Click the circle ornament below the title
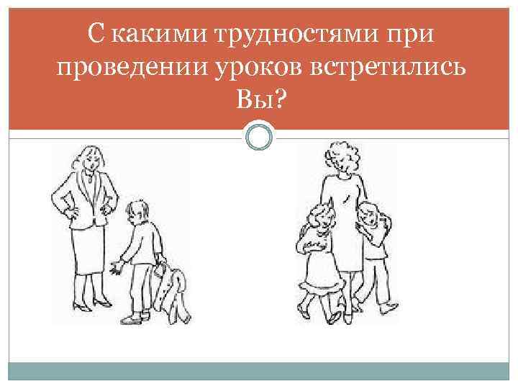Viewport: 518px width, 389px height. coord(259,135)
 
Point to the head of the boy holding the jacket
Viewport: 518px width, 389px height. coord(136,212)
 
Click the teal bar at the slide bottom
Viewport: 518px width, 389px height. coord(259,372)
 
